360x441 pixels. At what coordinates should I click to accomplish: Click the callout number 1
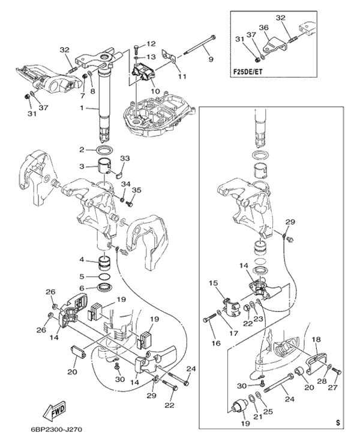82,108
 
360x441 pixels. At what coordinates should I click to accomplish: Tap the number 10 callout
155,91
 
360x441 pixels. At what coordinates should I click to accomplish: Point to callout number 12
151,44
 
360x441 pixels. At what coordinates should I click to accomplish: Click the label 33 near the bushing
125,158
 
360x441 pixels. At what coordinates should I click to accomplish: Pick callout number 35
136,190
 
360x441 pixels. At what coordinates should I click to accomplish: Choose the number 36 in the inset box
263,27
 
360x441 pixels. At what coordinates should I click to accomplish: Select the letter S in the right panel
338,423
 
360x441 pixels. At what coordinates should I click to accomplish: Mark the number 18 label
316,339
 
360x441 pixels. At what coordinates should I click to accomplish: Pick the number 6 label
82,288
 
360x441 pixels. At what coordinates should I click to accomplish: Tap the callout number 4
82,260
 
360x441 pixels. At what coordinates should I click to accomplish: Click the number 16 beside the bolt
215,343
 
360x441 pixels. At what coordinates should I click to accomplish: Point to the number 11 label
182,77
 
